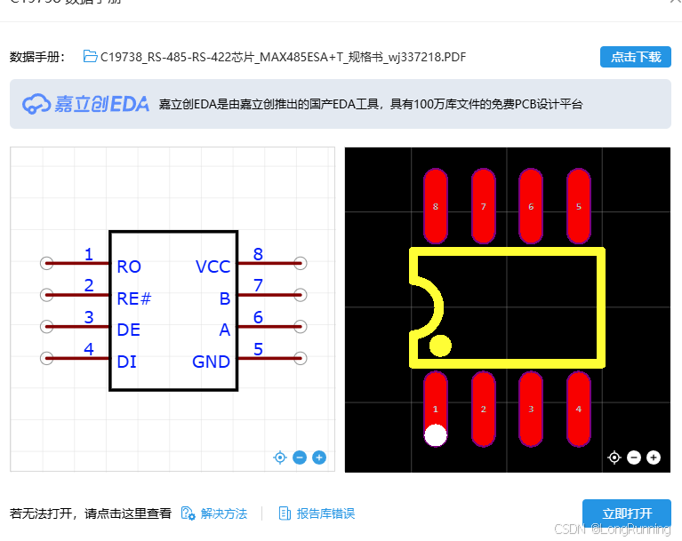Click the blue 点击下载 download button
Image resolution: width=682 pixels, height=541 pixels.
(x=635, y=57)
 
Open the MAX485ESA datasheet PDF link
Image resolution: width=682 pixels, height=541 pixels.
(x=283, y=57)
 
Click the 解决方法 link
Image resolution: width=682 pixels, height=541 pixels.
(x=223, y=513)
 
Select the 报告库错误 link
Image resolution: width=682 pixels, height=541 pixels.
(x=325, y=513)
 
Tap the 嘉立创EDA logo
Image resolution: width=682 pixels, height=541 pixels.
(x=85, y=104)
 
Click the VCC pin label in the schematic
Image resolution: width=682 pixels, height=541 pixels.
(x=213, y=267)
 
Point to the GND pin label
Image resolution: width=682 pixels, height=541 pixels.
(x=211, y=362)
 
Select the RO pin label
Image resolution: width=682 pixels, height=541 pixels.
(x=129, y=267)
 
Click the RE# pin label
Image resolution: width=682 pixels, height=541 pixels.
(x=133, y=298)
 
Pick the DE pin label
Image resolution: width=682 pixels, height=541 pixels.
(x=129, y=330)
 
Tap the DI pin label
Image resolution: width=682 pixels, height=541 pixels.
(x=126, y=362)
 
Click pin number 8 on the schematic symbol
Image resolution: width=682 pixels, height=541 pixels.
(x=258, y=255)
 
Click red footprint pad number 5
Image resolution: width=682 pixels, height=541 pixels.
(x=579, y=206)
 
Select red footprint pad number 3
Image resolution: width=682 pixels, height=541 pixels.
(x=531, y=410)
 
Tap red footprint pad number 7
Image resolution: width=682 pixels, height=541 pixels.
(x=483, y=206)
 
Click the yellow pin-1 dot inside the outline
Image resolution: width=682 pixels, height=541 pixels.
(x=440, y=346)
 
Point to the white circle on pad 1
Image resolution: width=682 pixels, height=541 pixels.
(x=435, y=435)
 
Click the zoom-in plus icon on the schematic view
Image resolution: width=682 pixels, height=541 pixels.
(x=319, y=457)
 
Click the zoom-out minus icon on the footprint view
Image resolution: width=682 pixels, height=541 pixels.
(x=634, y=457)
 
